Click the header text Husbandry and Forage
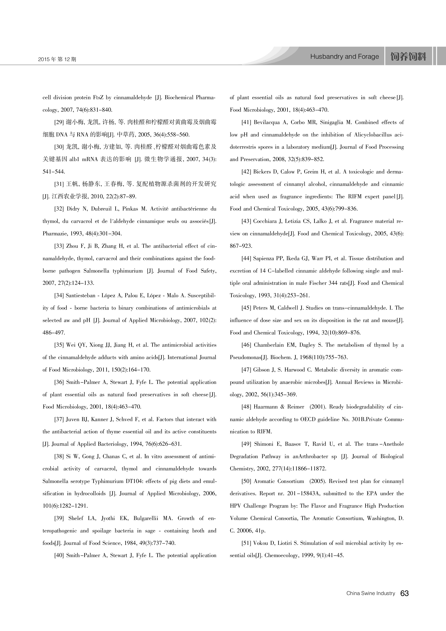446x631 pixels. click(344, 57)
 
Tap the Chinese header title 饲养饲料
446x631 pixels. click(408, 57)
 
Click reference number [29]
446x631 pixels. click(59, 122)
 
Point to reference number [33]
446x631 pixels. click(59, 246)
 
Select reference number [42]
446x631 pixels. click(247, 172)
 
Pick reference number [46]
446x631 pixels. click(247, 345)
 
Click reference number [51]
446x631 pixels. click(247, 543)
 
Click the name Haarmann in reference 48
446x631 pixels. click(265, 407)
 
